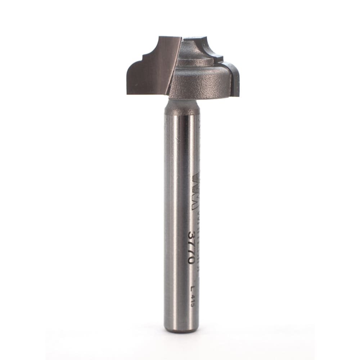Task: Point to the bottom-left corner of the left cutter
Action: [128, 94]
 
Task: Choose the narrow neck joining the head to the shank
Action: [182, 106]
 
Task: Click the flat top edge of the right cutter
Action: [196, 37]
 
